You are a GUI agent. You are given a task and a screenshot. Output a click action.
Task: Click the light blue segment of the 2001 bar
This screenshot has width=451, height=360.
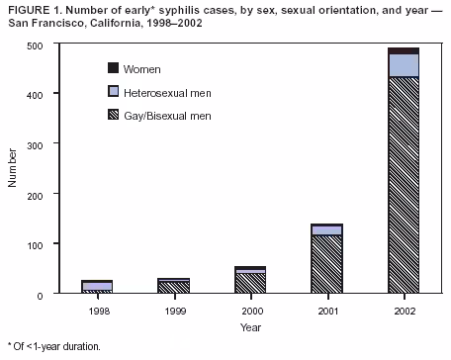[x=326, y=230]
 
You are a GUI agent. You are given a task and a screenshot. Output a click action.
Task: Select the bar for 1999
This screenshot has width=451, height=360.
[x=174, y=287]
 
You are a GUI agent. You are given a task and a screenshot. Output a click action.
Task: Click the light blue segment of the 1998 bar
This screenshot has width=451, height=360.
[x=98, y=286]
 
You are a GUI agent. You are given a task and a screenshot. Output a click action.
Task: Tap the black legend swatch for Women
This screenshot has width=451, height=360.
[x=114, y=68]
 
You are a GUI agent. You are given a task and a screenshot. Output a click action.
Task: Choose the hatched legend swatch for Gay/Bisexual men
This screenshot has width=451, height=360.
[x=114, y=116]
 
